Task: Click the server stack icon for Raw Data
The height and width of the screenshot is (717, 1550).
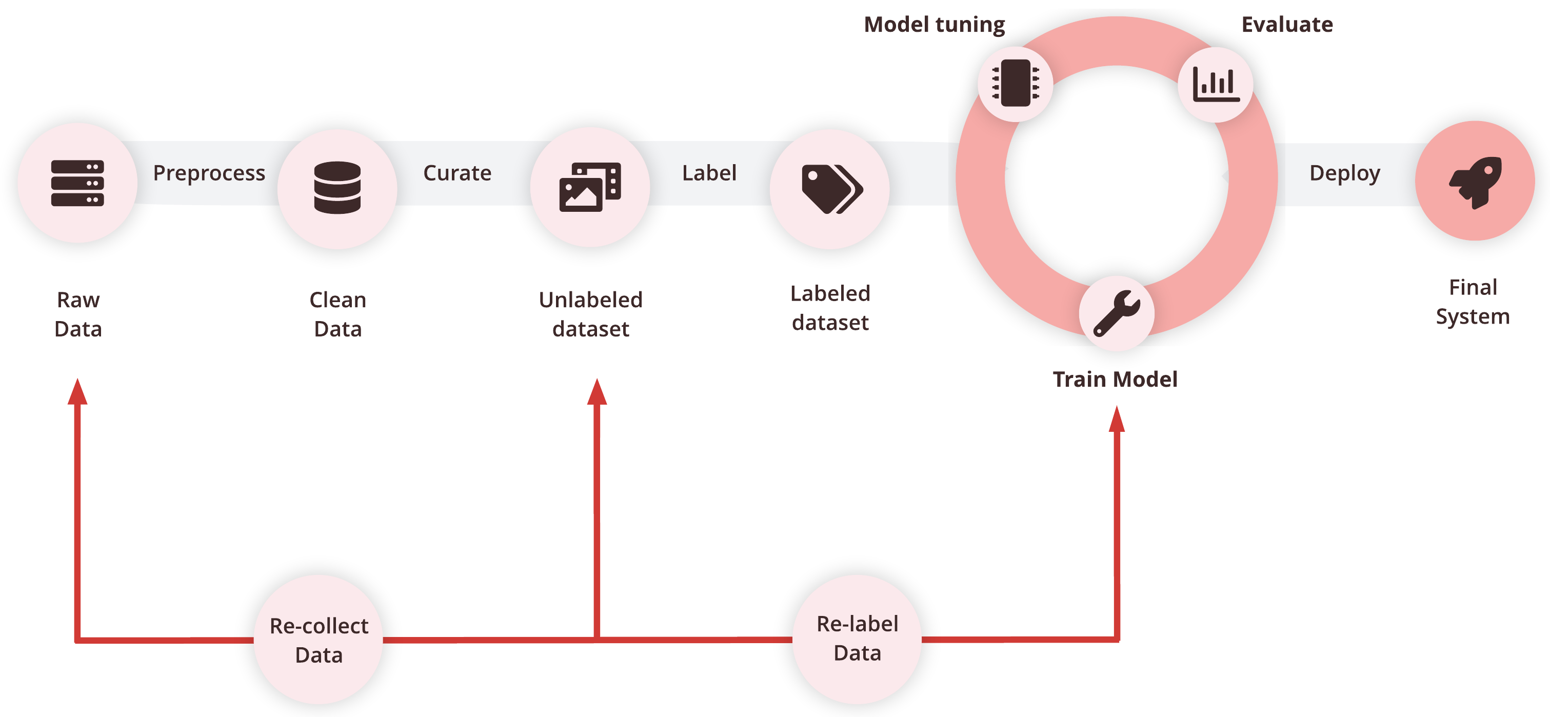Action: click(77, 183)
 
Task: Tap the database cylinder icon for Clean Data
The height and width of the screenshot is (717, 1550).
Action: click(337, 187)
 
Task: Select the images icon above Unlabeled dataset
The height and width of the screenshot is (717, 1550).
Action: click(590, 187)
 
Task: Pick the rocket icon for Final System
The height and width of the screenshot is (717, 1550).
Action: click(1475, 182)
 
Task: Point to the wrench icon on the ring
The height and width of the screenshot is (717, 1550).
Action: click(1116, 313)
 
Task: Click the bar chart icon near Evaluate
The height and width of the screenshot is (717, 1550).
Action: click(1216, 84)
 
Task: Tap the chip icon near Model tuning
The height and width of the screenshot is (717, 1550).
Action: click(1015, 84)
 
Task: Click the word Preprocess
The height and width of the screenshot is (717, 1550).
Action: click(209, 173)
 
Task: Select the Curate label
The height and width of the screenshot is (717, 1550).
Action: click(458, 173)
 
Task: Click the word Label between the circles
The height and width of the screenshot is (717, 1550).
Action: click(709, 173)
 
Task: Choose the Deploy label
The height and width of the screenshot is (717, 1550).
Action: click(1344, 173)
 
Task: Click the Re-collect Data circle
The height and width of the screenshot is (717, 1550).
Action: click(319, 640)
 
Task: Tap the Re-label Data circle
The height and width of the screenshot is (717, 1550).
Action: click(857, 639)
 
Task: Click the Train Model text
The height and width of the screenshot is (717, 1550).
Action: click(1115, 380)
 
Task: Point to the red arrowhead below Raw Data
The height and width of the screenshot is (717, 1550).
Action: click(77, 392)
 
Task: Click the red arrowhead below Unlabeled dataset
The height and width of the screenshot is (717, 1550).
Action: click(597, 392)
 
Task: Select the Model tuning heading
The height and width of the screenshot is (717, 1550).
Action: click(934, 25)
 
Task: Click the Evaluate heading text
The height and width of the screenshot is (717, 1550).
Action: click(1287, 25)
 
